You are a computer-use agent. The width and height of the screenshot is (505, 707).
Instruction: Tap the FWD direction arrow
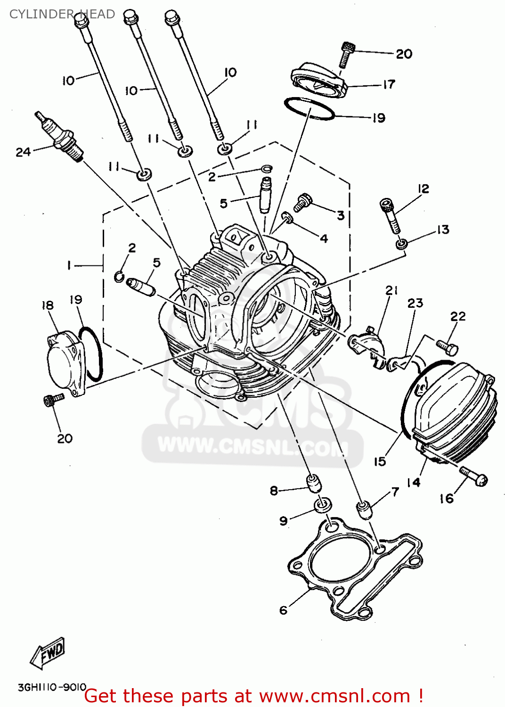48,653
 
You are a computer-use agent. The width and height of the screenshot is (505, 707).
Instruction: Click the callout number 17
389,85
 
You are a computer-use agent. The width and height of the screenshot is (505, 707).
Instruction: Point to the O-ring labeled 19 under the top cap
309,109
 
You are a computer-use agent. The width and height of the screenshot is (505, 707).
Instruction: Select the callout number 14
413,482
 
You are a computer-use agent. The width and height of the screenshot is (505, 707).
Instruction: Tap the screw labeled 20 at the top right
346,54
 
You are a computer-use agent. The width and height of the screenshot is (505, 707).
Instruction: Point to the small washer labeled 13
401,244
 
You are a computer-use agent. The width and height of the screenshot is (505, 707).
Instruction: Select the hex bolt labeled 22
447,347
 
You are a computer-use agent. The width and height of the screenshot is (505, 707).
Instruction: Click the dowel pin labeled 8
314,483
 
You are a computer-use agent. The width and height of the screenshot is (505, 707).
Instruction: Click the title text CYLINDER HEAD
62,14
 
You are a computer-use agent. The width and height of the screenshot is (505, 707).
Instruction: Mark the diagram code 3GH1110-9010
52,687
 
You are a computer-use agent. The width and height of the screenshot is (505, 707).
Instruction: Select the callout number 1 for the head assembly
69,266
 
